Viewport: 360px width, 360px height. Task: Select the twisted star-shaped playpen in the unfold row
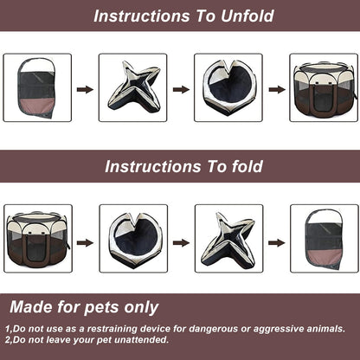click(x=132, y=87)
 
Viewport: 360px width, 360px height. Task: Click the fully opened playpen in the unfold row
click(x=323, y=87)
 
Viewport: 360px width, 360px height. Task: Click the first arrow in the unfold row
click(x=85, y=88)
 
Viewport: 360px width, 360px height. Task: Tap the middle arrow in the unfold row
click(x=180, y=88)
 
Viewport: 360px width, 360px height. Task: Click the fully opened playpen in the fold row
click(x=38, y=239)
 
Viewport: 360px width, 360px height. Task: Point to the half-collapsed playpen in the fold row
click(x=133, y=239)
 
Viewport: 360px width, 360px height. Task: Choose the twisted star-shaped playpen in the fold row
click(x=228, y=239)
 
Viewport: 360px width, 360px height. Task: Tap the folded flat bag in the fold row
click(x=324, y=239)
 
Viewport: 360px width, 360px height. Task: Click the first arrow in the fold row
click(x=85, y=242)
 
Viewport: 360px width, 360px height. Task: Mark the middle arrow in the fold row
click(x=180, y=242)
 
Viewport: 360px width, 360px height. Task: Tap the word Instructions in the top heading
click(x=138, y=16)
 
